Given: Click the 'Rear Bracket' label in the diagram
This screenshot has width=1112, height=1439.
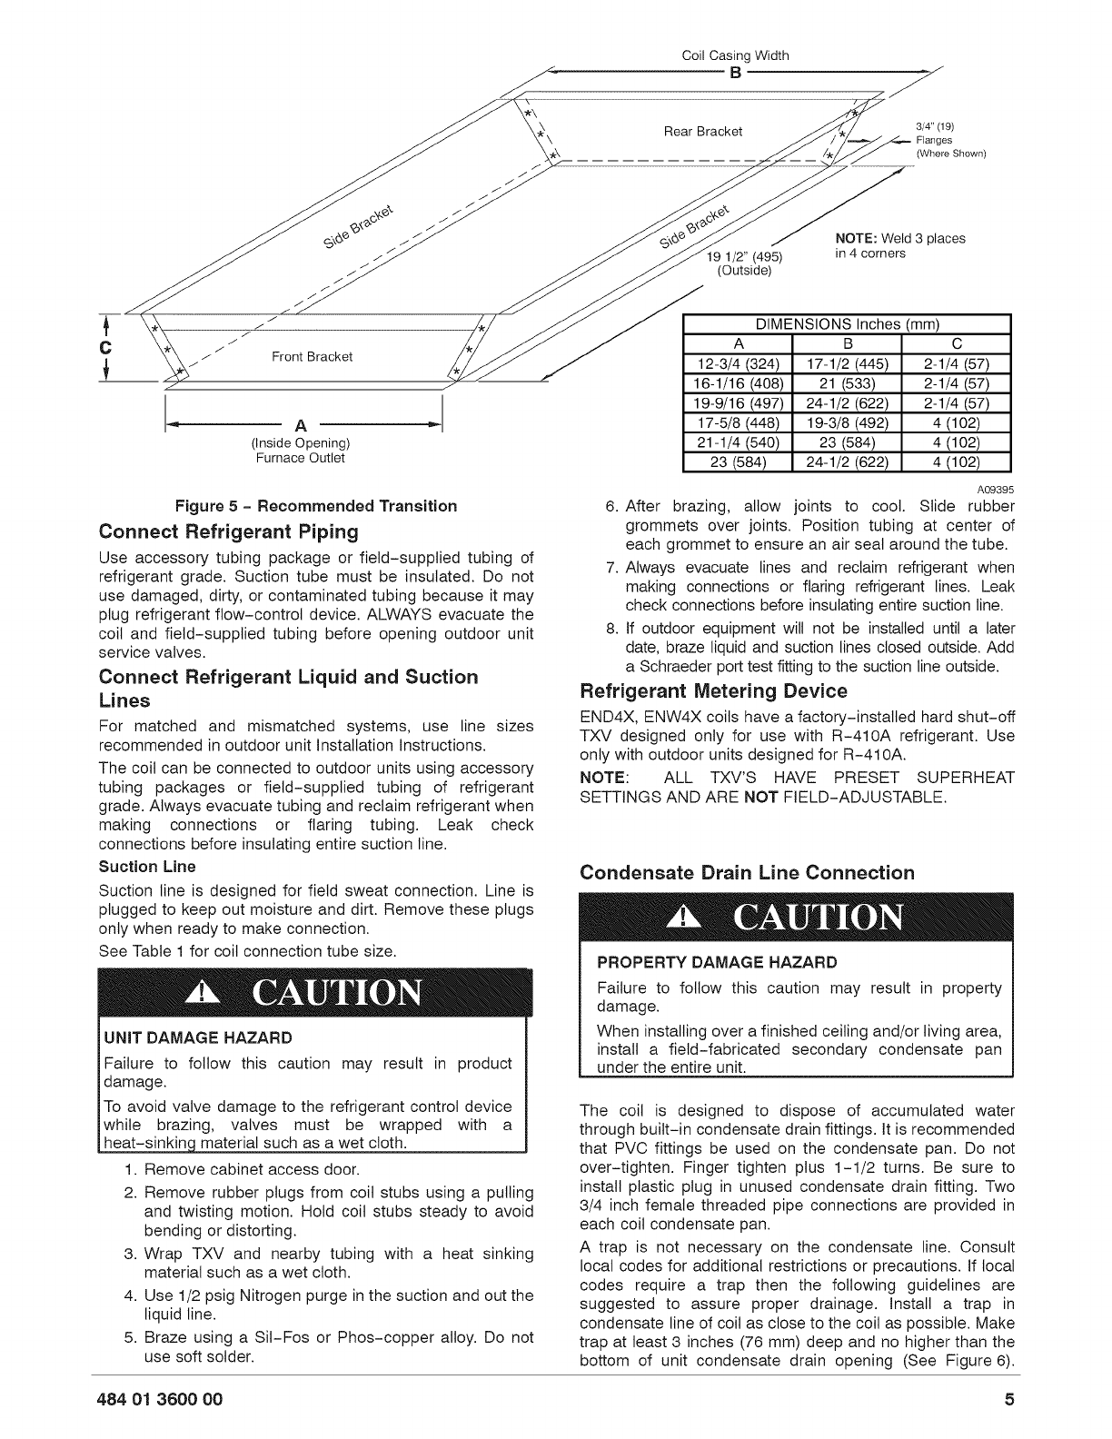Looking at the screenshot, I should [703, 132].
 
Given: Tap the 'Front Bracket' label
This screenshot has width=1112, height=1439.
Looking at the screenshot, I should [313, 356].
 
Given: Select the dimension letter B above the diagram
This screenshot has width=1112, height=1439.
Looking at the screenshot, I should [735, 73].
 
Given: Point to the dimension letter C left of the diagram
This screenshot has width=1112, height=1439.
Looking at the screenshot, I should [106, 348].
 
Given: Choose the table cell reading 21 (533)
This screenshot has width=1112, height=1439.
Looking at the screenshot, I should [847, 384].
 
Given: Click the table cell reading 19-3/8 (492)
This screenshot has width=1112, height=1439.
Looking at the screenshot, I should [847, 424].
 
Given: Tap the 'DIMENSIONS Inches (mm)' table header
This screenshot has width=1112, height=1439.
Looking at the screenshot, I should [847, 324].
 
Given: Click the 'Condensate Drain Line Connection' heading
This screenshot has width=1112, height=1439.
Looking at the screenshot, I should [747, 873].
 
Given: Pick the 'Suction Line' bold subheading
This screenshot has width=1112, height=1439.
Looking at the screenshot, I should [147, 867].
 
